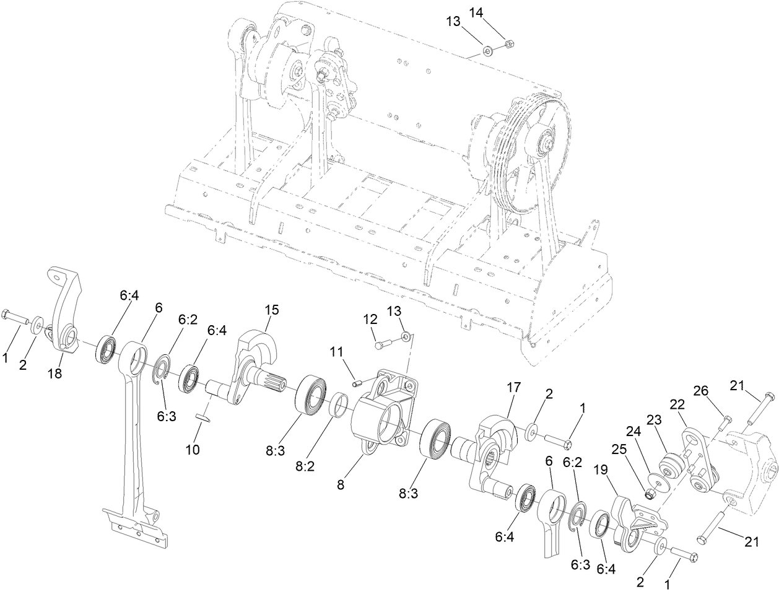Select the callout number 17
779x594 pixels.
[x=513, y=388]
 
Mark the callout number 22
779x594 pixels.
[x=677, y=404]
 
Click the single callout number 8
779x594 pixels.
[x=340, y=486]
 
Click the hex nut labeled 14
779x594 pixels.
[x=508, y=43]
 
